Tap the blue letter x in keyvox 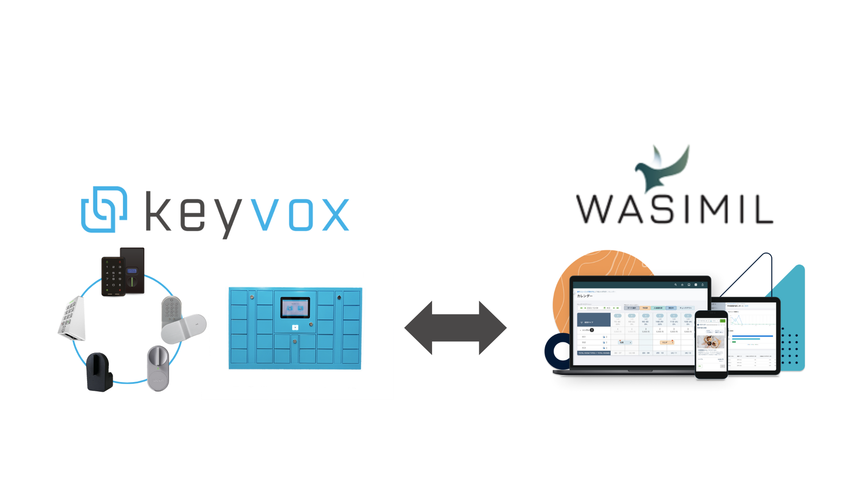click(x=336, y=215)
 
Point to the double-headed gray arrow click(x=455, y=328)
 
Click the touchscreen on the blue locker click(x=295, y=308)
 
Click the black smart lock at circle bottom click(x=99, y=372)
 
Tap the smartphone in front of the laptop click(x=711, y=344)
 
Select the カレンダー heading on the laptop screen click(x=585, y=296)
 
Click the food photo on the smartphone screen click(x=711, y=342)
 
